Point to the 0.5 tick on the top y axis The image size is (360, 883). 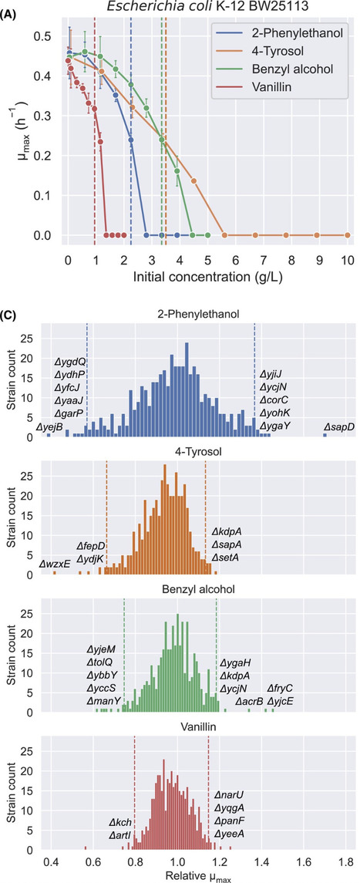click(49, 36)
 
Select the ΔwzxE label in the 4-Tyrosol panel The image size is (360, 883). click(56, 563)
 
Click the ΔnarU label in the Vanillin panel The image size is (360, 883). click(229, 794)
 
